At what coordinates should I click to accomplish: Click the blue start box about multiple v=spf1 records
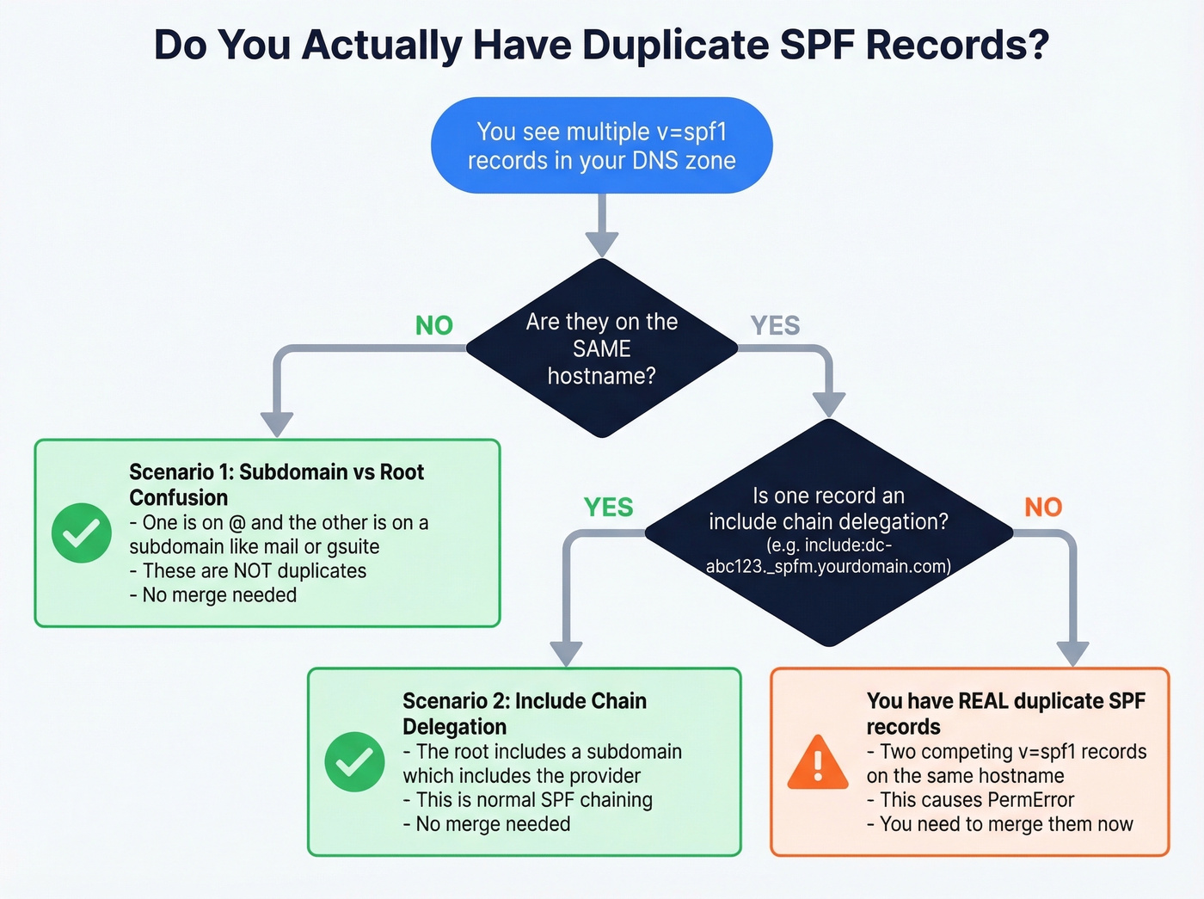(601, 145)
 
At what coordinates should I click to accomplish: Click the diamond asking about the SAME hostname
(601, 348)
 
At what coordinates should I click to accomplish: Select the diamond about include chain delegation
(828, 532)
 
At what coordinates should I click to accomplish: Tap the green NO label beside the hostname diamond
(433, 325)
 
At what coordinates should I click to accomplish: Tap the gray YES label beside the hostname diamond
(774, 325)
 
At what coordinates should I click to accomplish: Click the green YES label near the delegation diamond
(608, 508)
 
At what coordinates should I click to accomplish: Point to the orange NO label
(1042, 508)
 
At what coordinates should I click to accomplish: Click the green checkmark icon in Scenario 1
(82, 533)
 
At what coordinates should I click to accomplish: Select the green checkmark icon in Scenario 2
(354, 762)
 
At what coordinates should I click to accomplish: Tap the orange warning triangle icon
(818, 763)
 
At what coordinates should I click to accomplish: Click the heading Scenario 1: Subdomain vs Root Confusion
(276, 484)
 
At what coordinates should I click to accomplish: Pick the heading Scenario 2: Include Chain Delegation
(524, 713)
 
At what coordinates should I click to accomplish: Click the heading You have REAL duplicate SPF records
(1005, 713)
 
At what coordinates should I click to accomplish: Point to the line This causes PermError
(970, 800)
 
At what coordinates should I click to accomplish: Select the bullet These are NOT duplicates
(248, 571)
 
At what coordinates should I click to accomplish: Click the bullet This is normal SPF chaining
(527, 800)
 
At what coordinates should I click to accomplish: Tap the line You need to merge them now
(999, 824)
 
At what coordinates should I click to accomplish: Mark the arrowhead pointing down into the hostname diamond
(602, 243)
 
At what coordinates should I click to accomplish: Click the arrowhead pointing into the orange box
(1072, 654)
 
